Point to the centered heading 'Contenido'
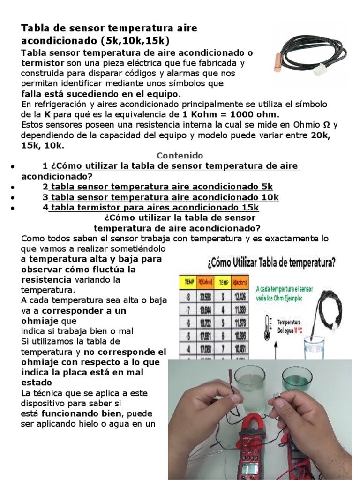coord(180,155)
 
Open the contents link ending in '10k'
coord(164,197)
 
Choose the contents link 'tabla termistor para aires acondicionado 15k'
coord(154,207)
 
